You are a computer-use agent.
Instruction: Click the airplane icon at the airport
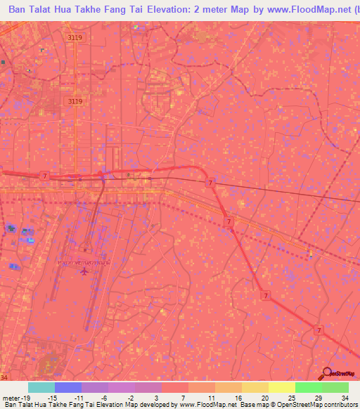[84, 271]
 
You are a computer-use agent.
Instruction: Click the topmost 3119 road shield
[75, 37]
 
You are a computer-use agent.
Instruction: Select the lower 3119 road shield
[75, 101]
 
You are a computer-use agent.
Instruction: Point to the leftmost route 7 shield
[44, 175]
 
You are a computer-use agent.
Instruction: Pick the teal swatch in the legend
[41, 387]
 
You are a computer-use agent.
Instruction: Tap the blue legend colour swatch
[67, 387]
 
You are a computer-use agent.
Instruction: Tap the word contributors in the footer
[340, 404]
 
